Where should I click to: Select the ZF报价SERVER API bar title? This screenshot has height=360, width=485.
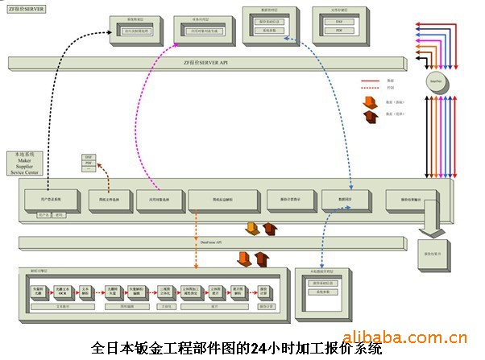click(x=205, y=62)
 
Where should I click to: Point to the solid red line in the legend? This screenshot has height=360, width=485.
click(x=371, y=81)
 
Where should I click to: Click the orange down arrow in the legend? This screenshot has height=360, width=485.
click(x=371, y=102)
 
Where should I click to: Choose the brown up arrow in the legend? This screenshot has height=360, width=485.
click(x=371, y=117)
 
